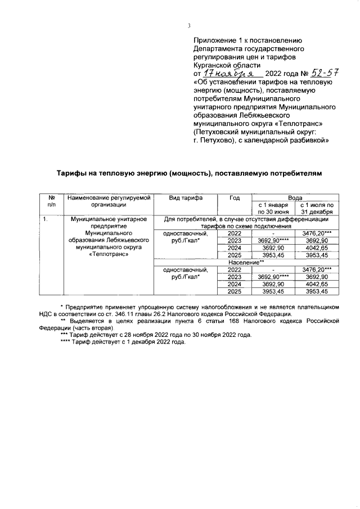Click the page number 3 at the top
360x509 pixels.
190,26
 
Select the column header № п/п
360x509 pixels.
51,201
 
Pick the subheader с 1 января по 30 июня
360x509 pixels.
273,208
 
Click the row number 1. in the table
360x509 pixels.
46,218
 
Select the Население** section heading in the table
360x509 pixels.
246,262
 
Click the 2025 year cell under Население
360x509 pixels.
235,291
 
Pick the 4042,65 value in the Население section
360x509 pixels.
317,284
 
